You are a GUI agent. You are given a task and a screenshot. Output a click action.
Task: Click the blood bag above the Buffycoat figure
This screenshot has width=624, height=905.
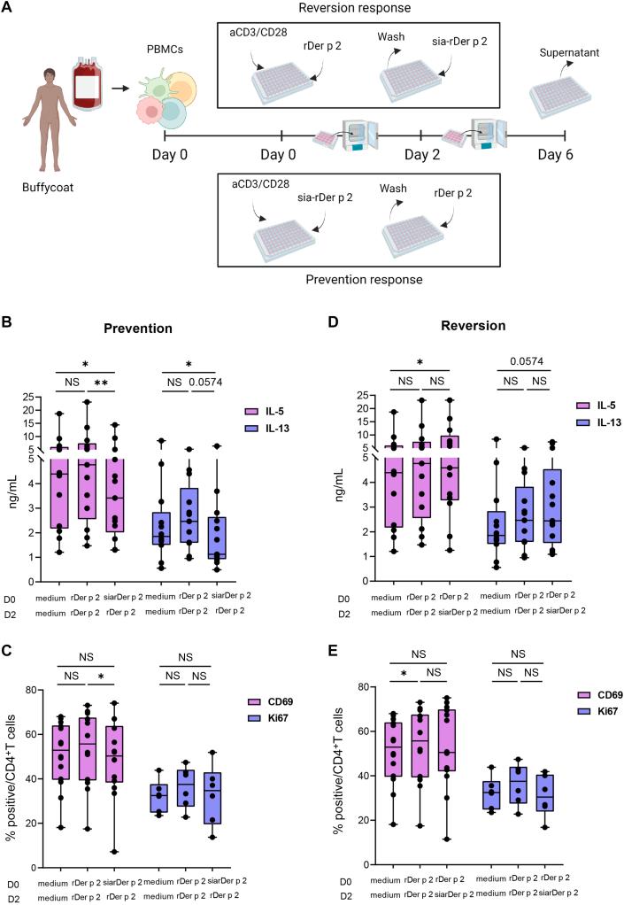(x=87, y=82)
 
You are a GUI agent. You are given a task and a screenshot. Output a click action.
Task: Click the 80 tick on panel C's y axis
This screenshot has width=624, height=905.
(x=35, y=689)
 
